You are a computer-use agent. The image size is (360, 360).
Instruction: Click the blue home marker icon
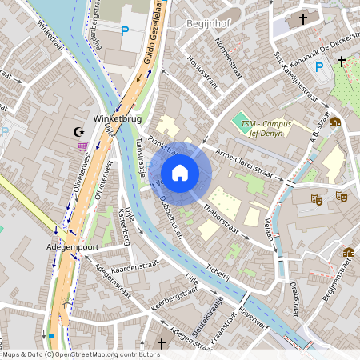click(180, 172)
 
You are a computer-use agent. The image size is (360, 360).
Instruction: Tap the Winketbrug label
click(118, 120)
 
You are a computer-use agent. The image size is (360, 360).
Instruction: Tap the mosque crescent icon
click(78, 131)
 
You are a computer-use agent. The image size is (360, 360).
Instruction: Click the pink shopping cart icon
click(82, 146)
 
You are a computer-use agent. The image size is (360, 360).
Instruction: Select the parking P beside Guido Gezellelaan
click(124, 32)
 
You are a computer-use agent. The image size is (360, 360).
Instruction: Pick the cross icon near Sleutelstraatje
click(162, 343)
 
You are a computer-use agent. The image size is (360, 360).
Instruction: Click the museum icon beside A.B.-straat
click(334, 122)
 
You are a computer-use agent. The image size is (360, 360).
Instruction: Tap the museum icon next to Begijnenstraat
click(349, 253)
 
